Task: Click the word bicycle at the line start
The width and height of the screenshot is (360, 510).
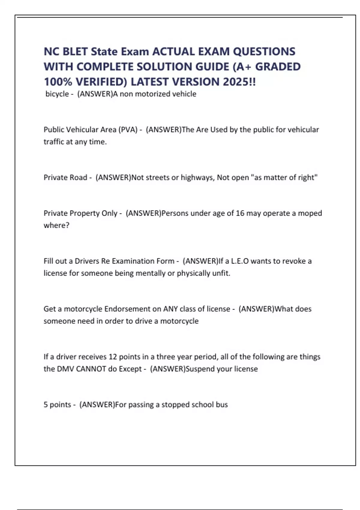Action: (x=57, y=94)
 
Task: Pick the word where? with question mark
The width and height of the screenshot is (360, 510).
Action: (x=56, y=225)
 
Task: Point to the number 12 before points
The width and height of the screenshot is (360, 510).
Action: (x=112, y=357)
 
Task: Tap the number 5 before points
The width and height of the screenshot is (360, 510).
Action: (x=46, y=405)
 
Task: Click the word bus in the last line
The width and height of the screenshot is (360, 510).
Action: (x=222, y=405)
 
